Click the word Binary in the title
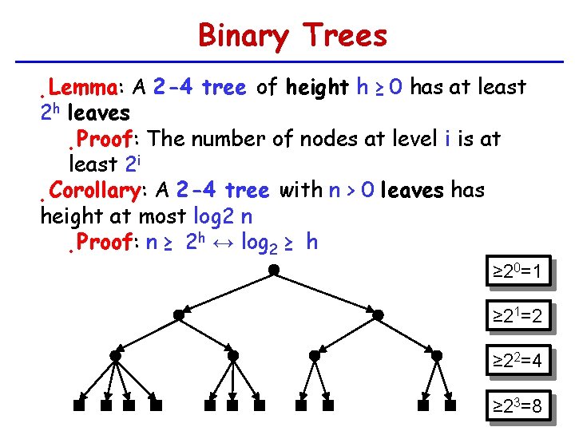pyautogui.click(x=243, y=37)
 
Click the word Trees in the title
pyautogui.click(x=345, y=36)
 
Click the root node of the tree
pyautogui.click(x=273, y=270)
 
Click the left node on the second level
pyautogui.click(x=179, y=315)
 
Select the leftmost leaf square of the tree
pyautogui.click(x=79, y=405)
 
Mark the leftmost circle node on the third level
pyautogui.click(x=116, y=355)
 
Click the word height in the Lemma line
pyautogui.click(x=317, y=86)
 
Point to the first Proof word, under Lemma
pyautogui.click(x=104, y=139)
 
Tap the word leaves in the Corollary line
pyautogui.click(x=413, y=191)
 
